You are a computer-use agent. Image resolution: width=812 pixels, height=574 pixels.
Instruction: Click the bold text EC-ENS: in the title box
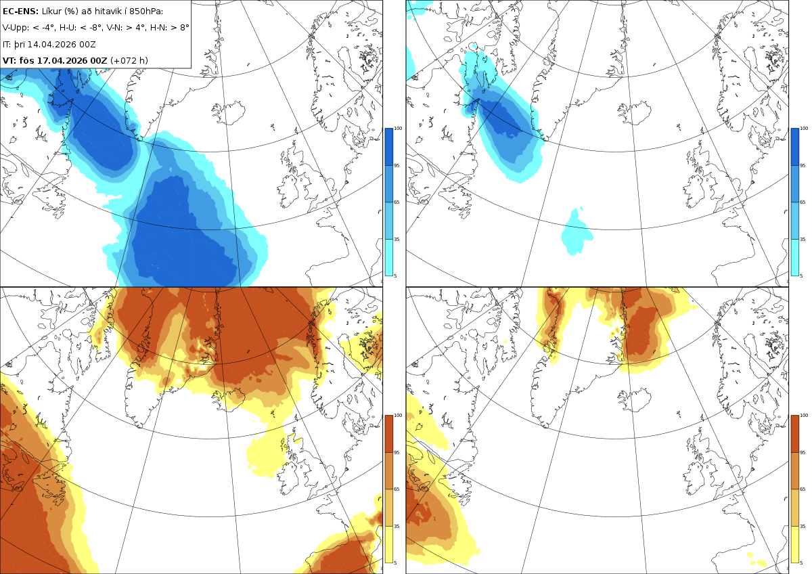(20, 12)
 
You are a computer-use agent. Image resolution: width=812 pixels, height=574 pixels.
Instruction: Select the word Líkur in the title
(51, 12)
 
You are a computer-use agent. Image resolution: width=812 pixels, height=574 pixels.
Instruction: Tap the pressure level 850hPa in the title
(145, 12)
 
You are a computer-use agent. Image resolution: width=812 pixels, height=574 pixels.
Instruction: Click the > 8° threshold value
(179, 28)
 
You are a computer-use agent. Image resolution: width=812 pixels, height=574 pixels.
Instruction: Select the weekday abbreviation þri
(20, 45)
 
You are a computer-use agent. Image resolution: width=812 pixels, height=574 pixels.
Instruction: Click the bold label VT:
(9, 60)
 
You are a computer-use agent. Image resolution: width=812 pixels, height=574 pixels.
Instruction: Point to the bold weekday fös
(27, 60)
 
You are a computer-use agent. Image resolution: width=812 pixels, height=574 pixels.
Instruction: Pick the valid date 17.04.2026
(63, 60)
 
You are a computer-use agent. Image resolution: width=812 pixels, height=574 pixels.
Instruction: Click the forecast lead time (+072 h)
(129, 60)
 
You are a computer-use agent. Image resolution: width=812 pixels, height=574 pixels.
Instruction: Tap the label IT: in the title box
(7, 45)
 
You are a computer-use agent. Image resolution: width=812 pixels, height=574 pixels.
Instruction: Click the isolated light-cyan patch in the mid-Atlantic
(577, 232)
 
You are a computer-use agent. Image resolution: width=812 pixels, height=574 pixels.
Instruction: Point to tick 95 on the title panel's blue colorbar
(397, 165)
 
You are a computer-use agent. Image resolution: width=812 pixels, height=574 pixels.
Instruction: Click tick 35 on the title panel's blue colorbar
(397, 240)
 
